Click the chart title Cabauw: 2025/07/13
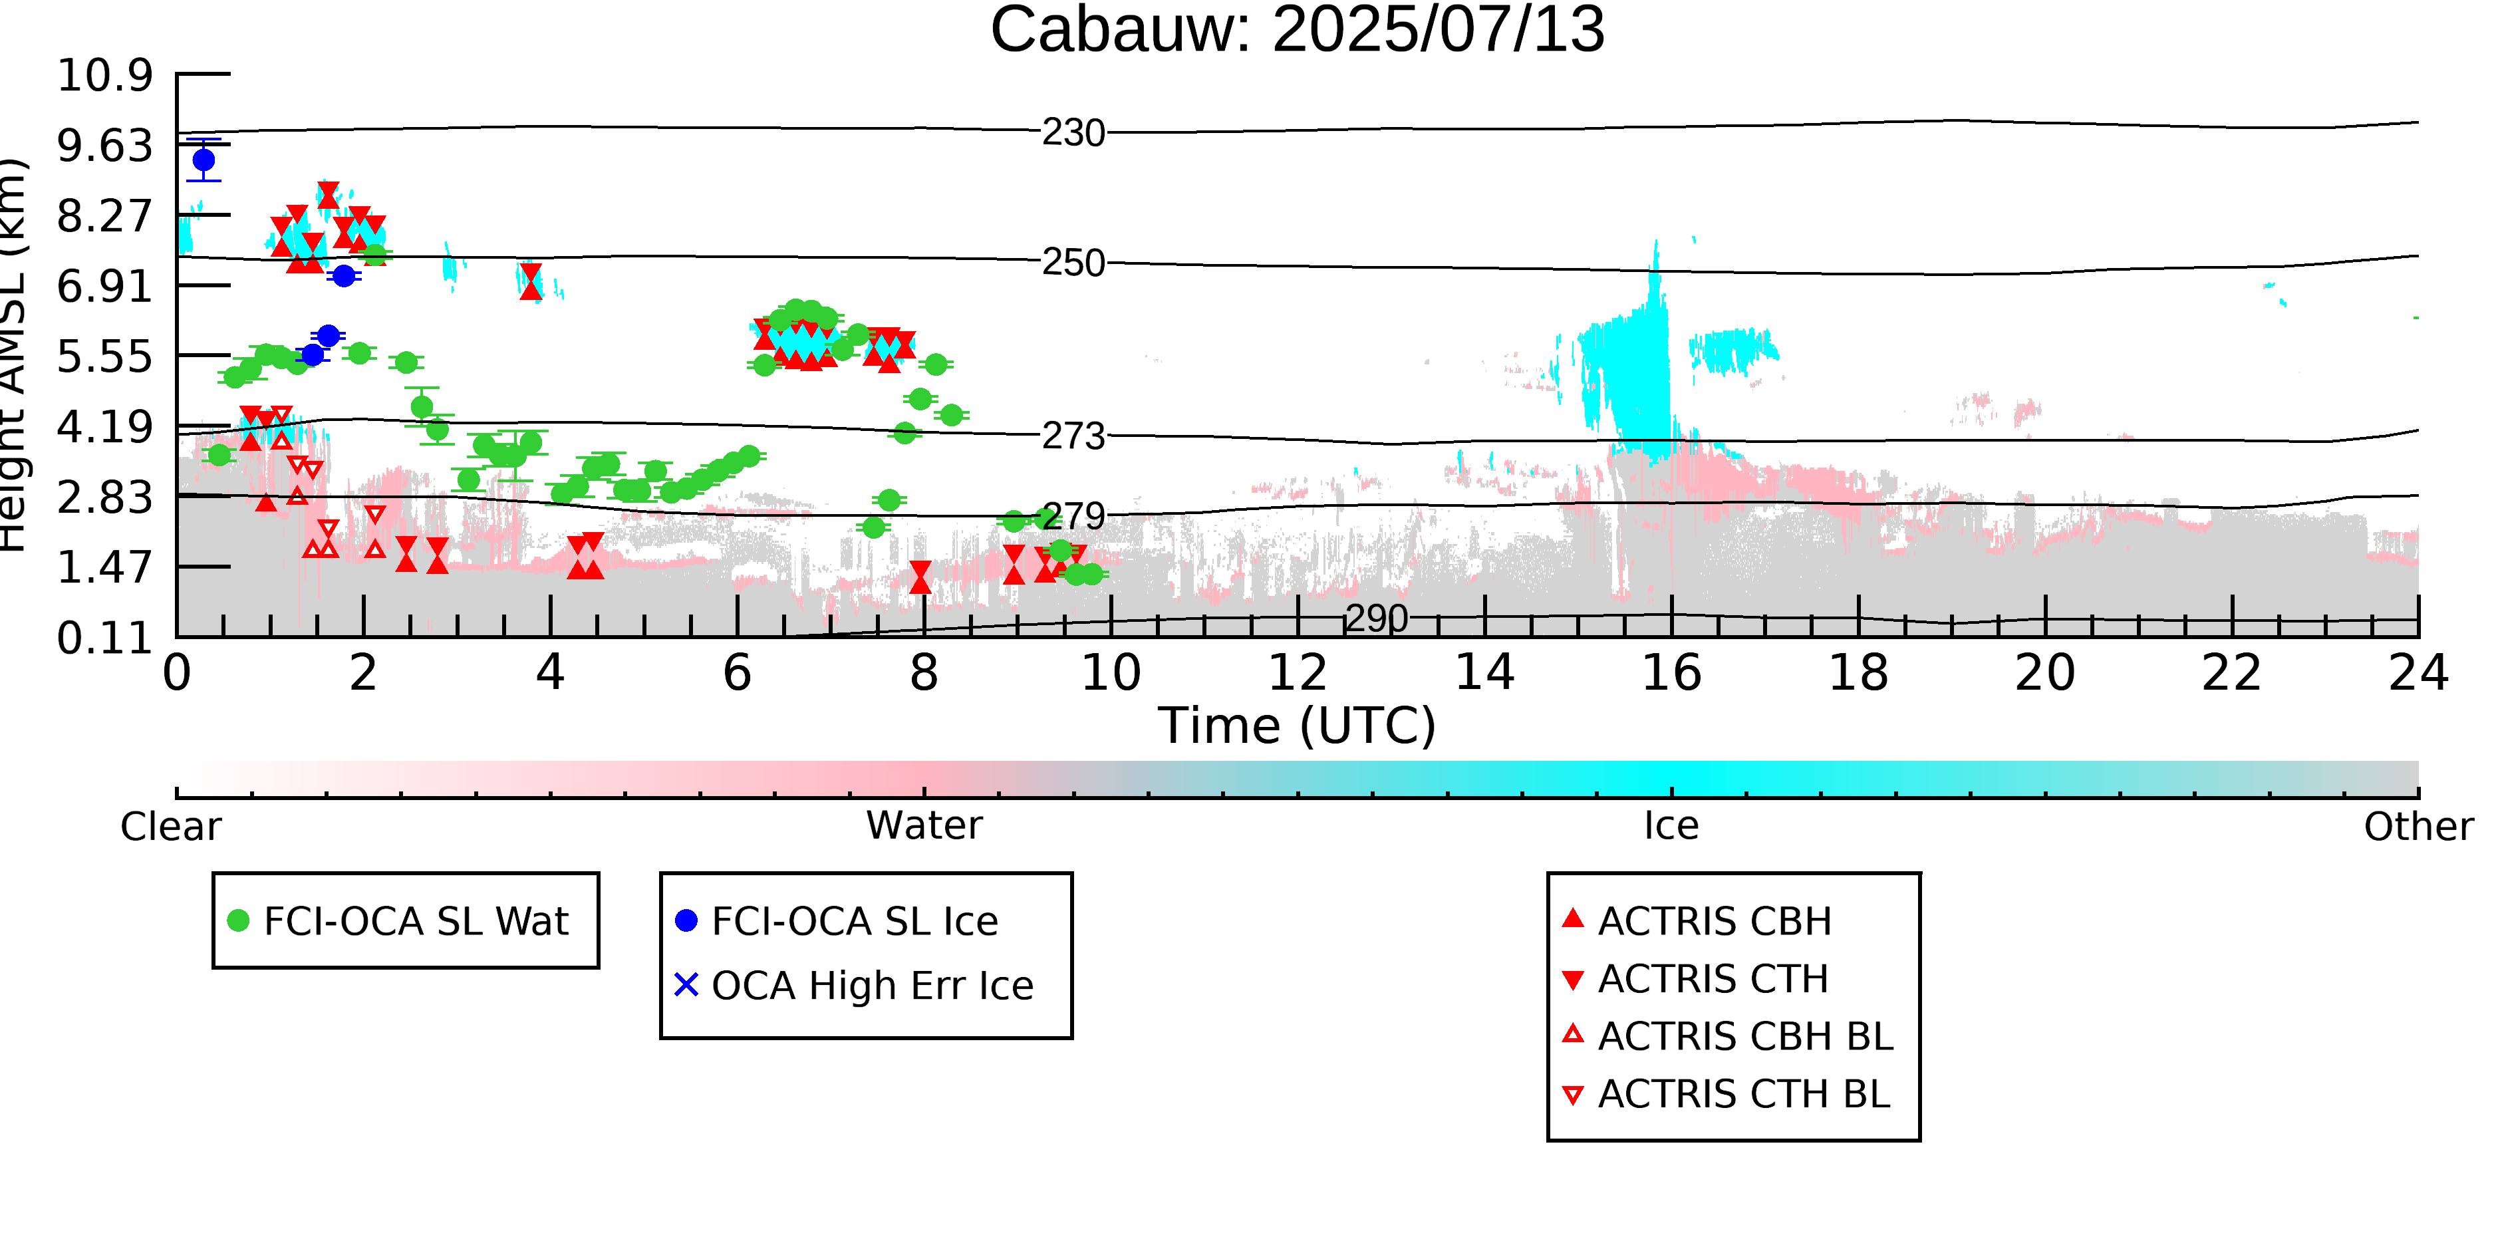(x=1298, y=29)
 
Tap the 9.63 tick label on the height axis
(x=104, y=145)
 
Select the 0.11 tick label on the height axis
(x=104, y=638)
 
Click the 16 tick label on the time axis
(x=1671, y=673)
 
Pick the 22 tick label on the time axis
(x=2231, y=673)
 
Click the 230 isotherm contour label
(x=1073, y=132)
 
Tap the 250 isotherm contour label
(x=1073, y=263)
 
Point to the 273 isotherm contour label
(x=1073, y=437)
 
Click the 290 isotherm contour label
(x=1377, y=619)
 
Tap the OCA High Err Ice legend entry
(x=854, y=986)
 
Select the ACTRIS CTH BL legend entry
(x=1727, y=1094)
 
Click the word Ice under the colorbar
(x=1671, y=826)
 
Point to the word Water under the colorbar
(x=924, y=826)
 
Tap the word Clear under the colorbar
(x=170, y=827)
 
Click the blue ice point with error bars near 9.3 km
(x=204, y=160)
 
